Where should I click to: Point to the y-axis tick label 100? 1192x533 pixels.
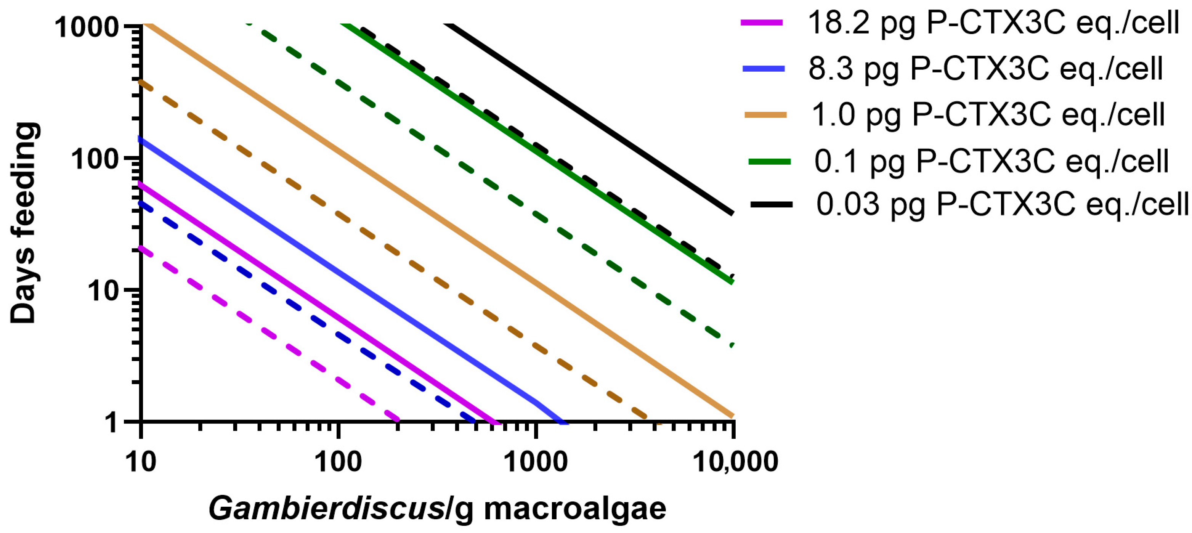click(x=95, y=160)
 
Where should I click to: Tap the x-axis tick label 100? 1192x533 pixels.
click(x=338, y=462)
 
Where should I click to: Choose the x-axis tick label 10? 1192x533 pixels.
click(x=141, y=462)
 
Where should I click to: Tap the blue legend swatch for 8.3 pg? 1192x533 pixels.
click(x=764, y=69)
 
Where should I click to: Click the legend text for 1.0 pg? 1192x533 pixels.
click(x=988, y=114)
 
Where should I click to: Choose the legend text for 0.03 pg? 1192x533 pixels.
click(x=1002, y=204)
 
